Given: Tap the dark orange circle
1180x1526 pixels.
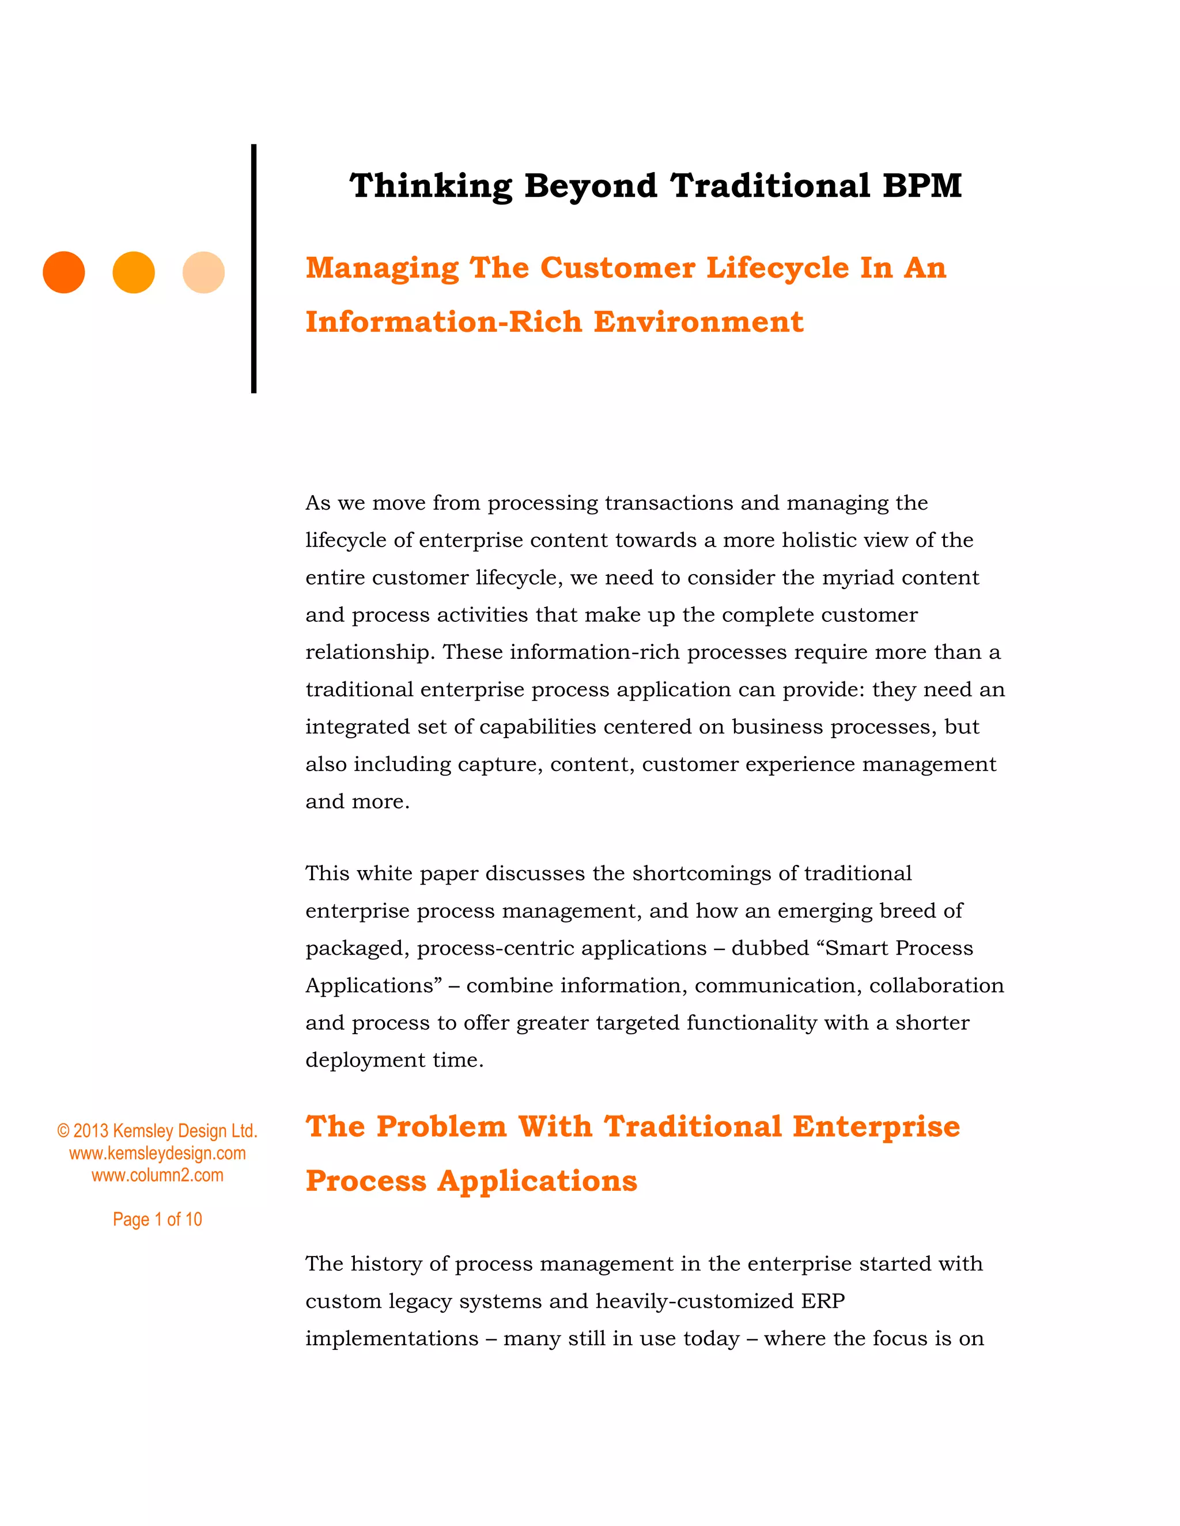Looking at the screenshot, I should point(63,272).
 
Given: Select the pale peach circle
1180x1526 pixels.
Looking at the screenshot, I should point(203,272).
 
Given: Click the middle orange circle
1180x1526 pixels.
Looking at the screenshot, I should point(134,272).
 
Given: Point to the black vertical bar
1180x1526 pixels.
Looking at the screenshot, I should point(254,268).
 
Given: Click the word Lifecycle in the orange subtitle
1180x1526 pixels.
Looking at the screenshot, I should point(777,268).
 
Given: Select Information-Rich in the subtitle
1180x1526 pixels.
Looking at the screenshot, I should point(443,322).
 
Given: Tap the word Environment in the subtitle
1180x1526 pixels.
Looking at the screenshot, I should point(698,322).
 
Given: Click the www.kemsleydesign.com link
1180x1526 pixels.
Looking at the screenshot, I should point(157,1153).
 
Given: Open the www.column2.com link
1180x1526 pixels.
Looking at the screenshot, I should point(157,1175).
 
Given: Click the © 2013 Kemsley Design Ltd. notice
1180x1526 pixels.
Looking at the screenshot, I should point(157,1130).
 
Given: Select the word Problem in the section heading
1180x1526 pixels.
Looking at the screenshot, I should point(441,1126).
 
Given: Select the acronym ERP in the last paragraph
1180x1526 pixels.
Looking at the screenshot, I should point(823,1301).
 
